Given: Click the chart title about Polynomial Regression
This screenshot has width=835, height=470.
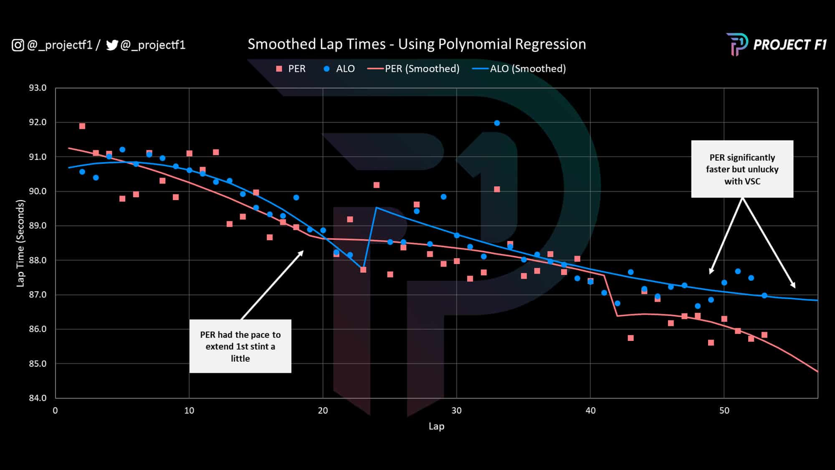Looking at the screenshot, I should (417, 44).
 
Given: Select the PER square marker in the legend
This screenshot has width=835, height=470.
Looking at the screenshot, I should (279, 69).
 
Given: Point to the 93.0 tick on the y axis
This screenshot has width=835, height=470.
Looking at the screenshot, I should (38, 88).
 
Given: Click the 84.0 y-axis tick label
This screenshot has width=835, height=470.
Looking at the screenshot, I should (38, 398).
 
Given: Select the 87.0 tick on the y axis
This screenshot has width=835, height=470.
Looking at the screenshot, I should (38, 295).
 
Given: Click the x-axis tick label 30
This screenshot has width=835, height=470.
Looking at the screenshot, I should (456, 411).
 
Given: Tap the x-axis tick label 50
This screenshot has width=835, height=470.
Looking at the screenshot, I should (724, 411).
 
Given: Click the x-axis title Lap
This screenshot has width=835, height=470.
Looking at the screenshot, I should (436, 427).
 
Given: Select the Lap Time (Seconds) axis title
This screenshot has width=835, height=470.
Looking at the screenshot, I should (20, 243).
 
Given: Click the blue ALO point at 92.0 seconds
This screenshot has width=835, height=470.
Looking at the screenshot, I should (497, 123).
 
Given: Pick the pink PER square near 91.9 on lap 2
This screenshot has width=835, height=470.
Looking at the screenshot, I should (82, 126).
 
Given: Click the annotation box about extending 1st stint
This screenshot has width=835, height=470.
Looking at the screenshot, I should (240, 346).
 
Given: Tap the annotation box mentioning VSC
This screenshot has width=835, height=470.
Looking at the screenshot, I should (742, 169).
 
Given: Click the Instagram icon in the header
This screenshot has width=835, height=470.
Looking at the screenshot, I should (18, 45).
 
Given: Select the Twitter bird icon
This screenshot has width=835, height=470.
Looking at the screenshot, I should (112, 45).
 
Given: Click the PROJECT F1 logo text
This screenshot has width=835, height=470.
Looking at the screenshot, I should (789, 45).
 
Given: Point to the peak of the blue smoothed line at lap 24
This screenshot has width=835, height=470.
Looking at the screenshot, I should (376, 207).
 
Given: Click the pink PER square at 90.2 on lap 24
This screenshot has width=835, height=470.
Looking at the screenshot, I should (376, 185).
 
